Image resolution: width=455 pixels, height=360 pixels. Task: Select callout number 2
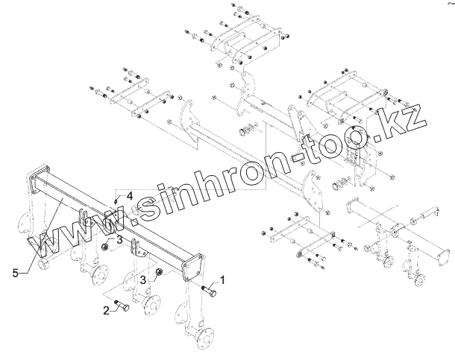[106, 309]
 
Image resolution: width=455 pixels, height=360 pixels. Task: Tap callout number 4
[129, 195]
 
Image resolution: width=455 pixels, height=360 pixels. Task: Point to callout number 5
[16, 274]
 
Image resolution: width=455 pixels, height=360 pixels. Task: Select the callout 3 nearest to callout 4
[119, 239]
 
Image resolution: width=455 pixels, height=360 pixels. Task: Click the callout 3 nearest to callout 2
[142, 279]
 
